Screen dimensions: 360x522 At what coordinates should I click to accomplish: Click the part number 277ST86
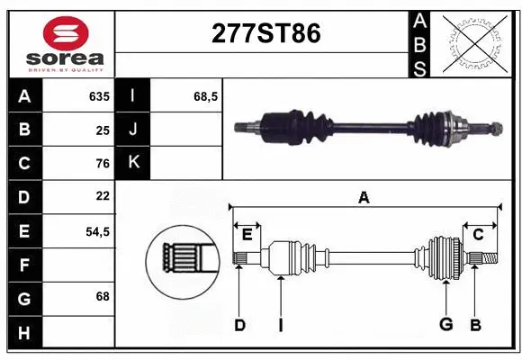pyautogui.click(x=265, y=33)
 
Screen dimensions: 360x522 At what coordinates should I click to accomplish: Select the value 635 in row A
pyautogui.click(x=98, y=96)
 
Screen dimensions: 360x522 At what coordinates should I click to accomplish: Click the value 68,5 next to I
pyautogui.click(x=207, y=96)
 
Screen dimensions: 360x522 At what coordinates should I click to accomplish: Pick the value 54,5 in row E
pyautogui.click(x=97, y=231)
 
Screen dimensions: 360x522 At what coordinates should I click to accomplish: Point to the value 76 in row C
pyautogui.click(x=102, y=164)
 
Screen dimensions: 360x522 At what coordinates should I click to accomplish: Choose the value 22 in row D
pyautogui.click(x=102, y=196)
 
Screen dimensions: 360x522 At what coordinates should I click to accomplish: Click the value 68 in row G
pyautogui.click(x=102, y=296)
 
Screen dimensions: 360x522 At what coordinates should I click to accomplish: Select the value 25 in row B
pyautogui.click(x=102, y=130)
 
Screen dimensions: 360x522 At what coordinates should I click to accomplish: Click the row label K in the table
pyautogui.click(x=133, y=163)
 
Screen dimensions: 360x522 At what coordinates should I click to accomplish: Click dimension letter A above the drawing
pyautogui.click(x=364, y=198)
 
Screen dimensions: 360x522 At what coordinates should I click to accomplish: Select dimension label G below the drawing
pyautogui.click(x=445, y=325)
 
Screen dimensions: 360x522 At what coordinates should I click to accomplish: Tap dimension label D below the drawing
pyautogui.click(x=239, y=325)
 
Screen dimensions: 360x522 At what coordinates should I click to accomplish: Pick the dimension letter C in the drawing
pyautogui.click(x=479, y=235)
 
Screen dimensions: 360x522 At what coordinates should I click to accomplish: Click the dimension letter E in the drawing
pyautogui.click(x=247, y=235)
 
